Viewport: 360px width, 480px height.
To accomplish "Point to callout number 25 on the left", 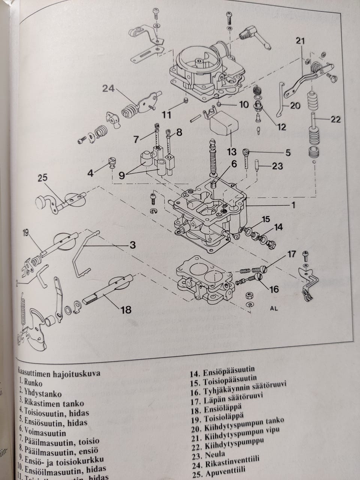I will click(43, 178).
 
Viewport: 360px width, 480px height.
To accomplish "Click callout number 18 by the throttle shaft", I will click(126, 310).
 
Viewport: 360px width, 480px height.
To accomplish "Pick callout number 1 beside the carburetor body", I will click(293, 205).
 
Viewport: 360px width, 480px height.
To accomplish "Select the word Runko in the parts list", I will click(33, 383).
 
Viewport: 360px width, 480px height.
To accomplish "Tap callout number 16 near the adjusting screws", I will click(274, 289).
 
